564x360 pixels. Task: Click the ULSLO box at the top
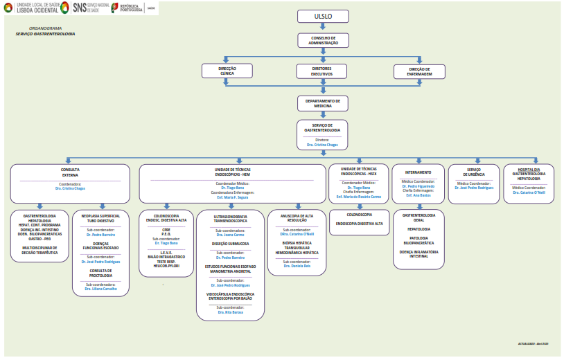click(323, 16)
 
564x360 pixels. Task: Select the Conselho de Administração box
click(323, 41)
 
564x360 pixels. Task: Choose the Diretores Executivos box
click(321, 71)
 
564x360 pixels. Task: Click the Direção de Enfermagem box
click(421, 71)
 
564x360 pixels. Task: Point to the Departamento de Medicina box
click(323, 102)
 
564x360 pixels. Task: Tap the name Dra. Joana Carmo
click(229, 235)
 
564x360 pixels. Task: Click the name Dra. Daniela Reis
click(296, 267)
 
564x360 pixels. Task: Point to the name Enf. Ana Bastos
click(418, 195)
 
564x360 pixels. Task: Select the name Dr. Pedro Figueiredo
click(418, 186)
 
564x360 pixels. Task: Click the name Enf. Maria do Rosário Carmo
click(359, 197)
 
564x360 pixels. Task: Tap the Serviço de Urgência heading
click(474, 172)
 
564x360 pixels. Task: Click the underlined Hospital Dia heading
click(529, 169)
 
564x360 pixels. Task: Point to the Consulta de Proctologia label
click(101, 273)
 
